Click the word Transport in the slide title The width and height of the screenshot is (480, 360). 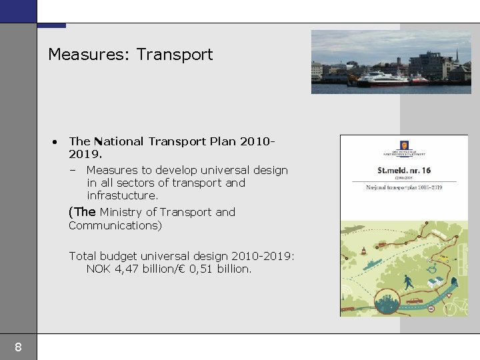pyautogui.click(x=175, y=55)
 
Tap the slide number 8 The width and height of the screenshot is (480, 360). pyautogui.click(x=18, y=347)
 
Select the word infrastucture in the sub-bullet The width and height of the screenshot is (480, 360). pyautogui.click(x=122, y=196)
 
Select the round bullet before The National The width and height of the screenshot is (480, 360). pyautogui.click(x=54, y=141)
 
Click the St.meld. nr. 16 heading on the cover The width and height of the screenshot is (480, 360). pyautogui.click(x=404, y=171)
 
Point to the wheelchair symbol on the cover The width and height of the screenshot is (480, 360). pyautogui.click(x=432, y=269)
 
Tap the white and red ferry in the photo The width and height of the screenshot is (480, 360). pyautogui.click(x=383, y=78)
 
